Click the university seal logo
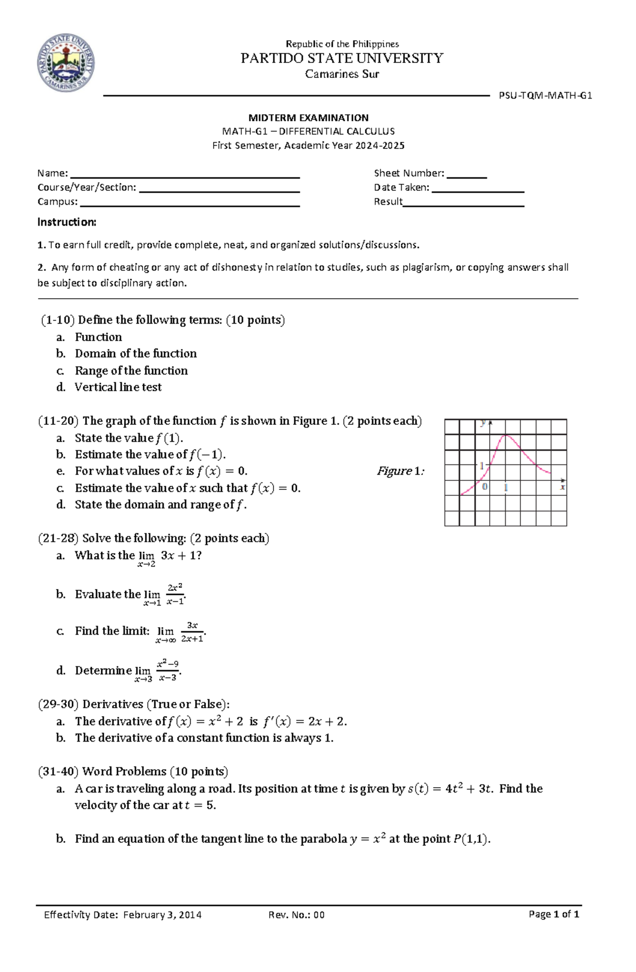tap(66, 63)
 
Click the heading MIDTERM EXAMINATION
tap(308, 118)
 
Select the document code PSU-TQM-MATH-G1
tap(545, 96)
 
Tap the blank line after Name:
tap(185, 174)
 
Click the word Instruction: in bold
tap(67, 222)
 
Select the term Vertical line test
tap(118, 387)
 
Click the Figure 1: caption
tap(400, 471)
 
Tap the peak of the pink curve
tap(506, 435)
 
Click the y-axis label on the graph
tap(483, 423)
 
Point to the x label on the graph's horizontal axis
tap(562, 487)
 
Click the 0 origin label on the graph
tap(484, 487)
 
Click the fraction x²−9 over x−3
tap(168, 671)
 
